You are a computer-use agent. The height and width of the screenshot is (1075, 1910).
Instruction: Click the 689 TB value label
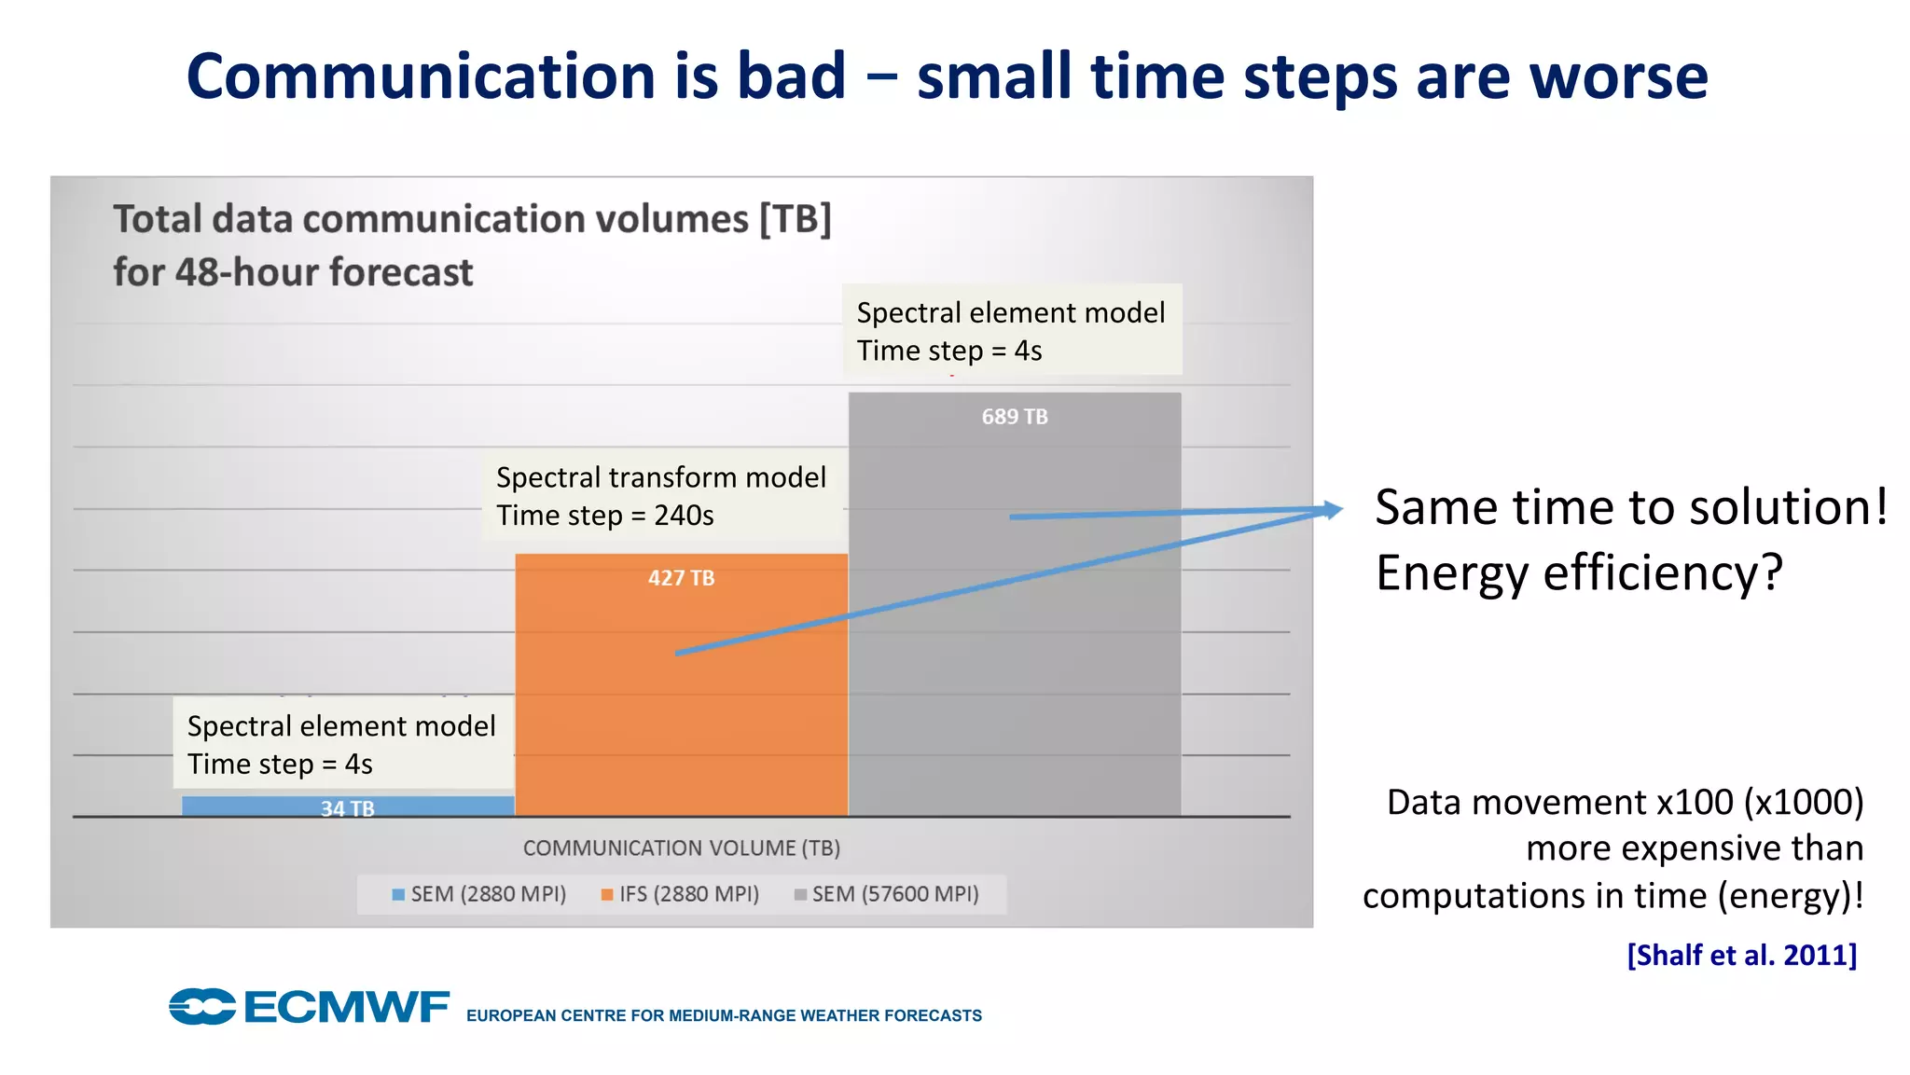pos(1014,417)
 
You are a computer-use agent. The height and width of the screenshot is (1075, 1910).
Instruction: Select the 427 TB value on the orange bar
pos(681,578)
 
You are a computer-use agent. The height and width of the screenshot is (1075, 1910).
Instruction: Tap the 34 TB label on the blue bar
pos(347,808)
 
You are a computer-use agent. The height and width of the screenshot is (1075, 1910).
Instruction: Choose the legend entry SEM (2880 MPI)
pos(478,894)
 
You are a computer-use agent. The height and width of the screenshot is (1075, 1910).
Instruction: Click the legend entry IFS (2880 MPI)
pos(680,894)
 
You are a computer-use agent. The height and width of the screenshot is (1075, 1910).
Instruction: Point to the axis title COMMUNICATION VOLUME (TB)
pos(681,848)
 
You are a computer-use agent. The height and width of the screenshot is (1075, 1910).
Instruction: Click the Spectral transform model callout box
pos(661,496)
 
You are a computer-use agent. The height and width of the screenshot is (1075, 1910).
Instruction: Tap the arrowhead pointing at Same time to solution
pos(1332,510)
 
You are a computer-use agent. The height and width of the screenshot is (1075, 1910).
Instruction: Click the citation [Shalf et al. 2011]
pos(1741,955)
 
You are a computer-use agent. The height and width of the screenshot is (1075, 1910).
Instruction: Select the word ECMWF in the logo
pos(346,1008)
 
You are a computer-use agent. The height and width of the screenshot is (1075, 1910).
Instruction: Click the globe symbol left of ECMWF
pos(201,1007)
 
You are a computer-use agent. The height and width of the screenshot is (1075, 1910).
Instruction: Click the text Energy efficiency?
pos(1578,572)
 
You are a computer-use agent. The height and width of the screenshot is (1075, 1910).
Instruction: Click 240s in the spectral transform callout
pos(684,516)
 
